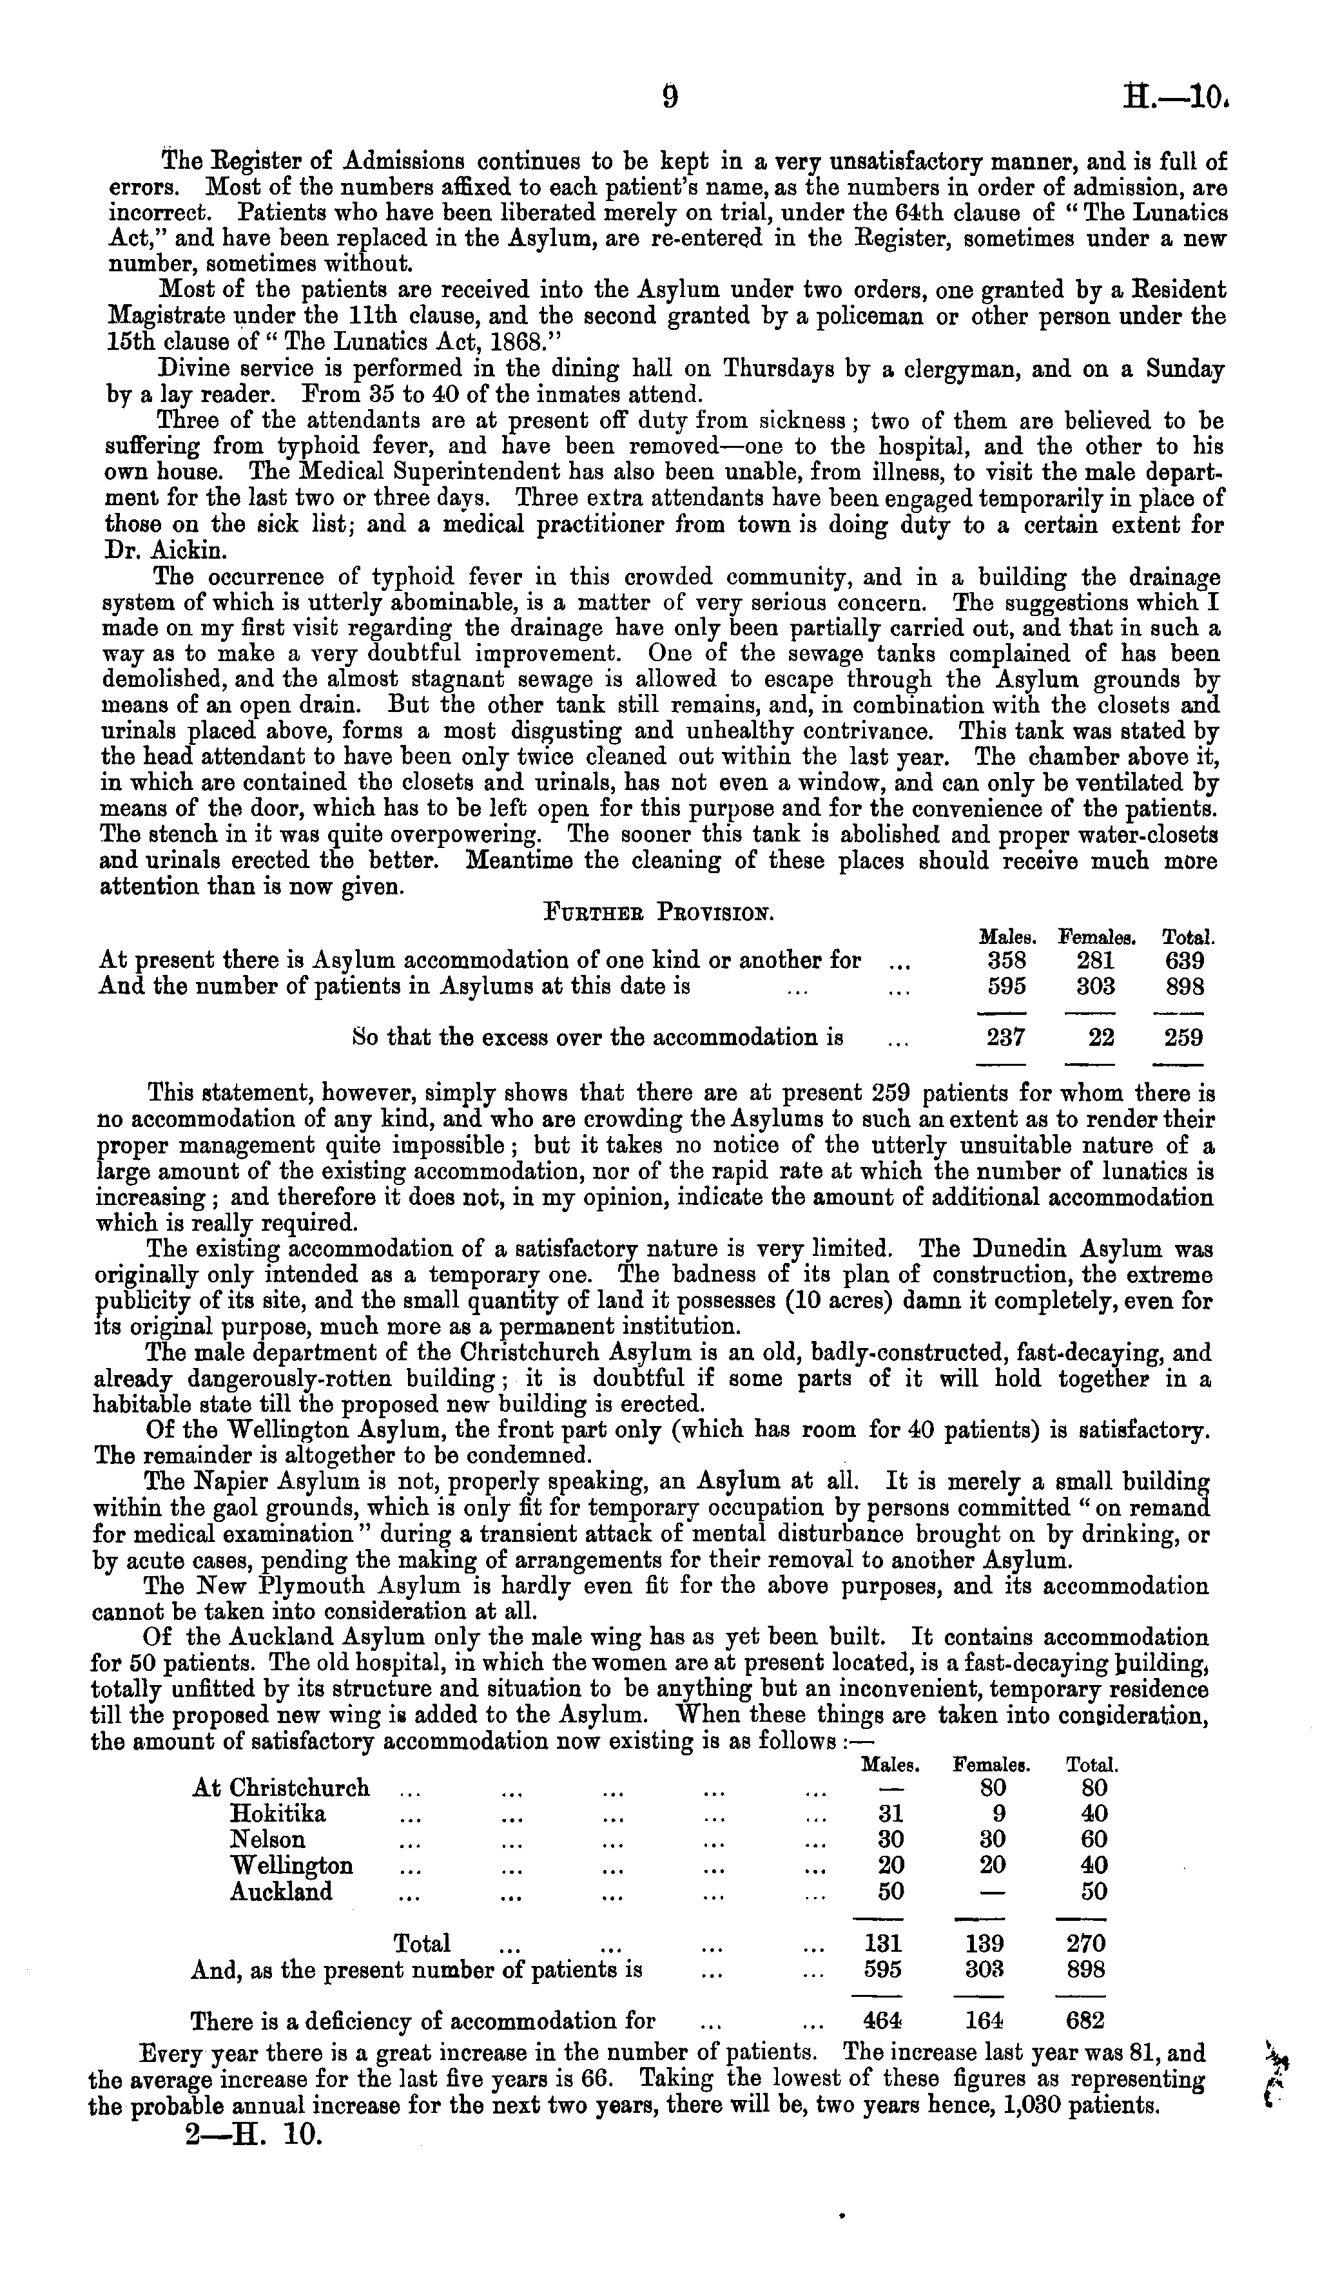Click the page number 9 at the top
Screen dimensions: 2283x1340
pyautogui.click(x=670, y=95)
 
